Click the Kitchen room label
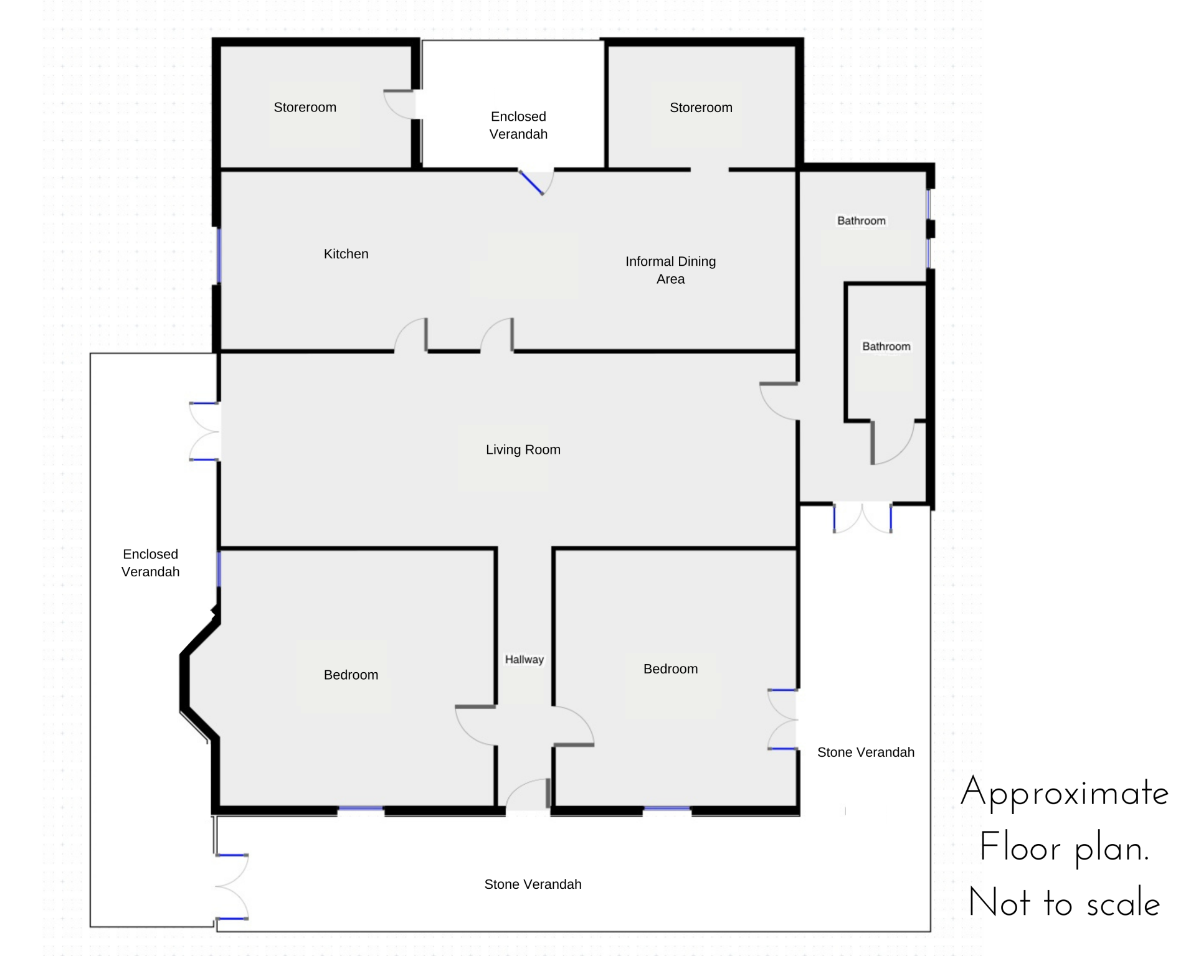pos(346,254)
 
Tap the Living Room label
pos(523,449)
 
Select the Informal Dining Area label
pos(670,270)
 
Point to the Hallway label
pos(524,659)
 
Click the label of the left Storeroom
pos(305,107)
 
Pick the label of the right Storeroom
pos(701,108)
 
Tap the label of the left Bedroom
pos(351,675)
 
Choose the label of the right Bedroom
pos(670,669)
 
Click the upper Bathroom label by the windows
pos(861,221)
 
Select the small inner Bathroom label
pos(886,347)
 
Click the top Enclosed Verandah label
pos(518,125)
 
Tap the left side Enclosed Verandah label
pos(150,563)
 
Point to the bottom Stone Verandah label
pos(533,884)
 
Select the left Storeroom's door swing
pos(399,104)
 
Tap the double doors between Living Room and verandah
pos(204,431)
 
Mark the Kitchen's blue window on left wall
pos(219,256)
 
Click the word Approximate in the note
pos(1065,793)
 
